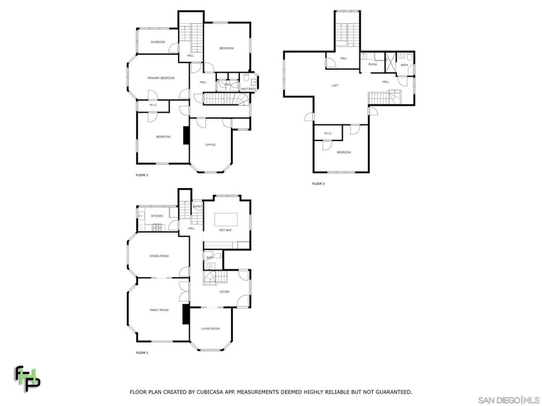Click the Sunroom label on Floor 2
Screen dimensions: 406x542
point(158,42)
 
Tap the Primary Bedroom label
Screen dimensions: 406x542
point(161,78)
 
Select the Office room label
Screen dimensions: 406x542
point(210,144)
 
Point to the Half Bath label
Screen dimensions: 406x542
point(248,88)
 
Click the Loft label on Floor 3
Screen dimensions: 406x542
point(335,85)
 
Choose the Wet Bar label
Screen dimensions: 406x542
point(225,230)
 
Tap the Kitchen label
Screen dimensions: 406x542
point(157,216)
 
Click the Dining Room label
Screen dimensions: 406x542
point(159,256)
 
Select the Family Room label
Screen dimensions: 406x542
point(159,310)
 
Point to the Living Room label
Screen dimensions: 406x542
point(210,329)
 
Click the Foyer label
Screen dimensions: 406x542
point(224,292)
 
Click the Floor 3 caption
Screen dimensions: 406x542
point(319,184)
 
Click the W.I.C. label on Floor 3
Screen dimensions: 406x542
point(328,133)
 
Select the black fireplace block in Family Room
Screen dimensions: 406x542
point(186,314)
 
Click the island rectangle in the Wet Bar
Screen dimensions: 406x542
point(226,218)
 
